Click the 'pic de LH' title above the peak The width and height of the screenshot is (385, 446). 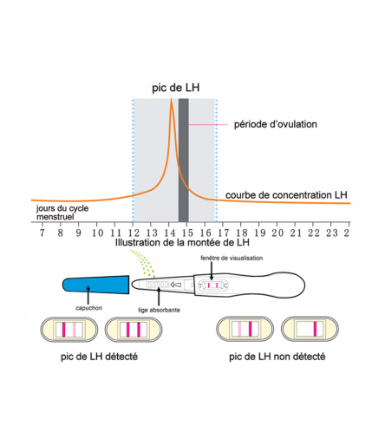tap(176, 88)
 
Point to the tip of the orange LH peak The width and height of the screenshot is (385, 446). tap(171, 98)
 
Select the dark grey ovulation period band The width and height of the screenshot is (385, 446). tap(184, 160)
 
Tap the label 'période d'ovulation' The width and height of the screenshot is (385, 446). tap(275, 124)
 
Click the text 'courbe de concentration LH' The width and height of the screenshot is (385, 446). tap(286, 195)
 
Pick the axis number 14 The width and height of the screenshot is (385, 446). tap(170, 233)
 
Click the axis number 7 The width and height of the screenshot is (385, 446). tap(42, 233)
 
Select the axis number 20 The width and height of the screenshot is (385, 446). tap(277, 233)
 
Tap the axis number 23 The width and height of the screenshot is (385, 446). tap(331, 233)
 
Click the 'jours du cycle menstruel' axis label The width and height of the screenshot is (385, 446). tap(62, 213)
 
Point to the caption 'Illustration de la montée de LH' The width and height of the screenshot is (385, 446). tap(182, 242)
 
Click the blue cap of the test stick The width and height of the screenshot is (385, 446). tap(95, 285)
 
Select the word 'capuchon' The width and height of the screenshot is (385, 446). tap(88, 308)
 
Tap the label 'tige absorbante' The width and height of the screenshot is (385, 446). tap(159, 310)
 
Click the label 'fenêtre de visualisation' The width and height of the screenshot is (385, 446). tap(232, 258)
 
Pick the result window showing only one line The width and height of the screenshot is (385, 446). tap(310, 329)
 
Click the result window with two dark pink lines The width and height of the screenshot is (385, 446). tap(134, 330)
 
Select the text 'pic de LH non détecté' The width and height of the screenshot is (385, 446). tap(277, 357)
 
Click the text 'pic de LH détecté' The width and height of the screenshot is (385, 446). tap(99, 357)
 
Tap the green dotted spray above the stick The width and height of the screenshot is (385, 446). tap(143, 263)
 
